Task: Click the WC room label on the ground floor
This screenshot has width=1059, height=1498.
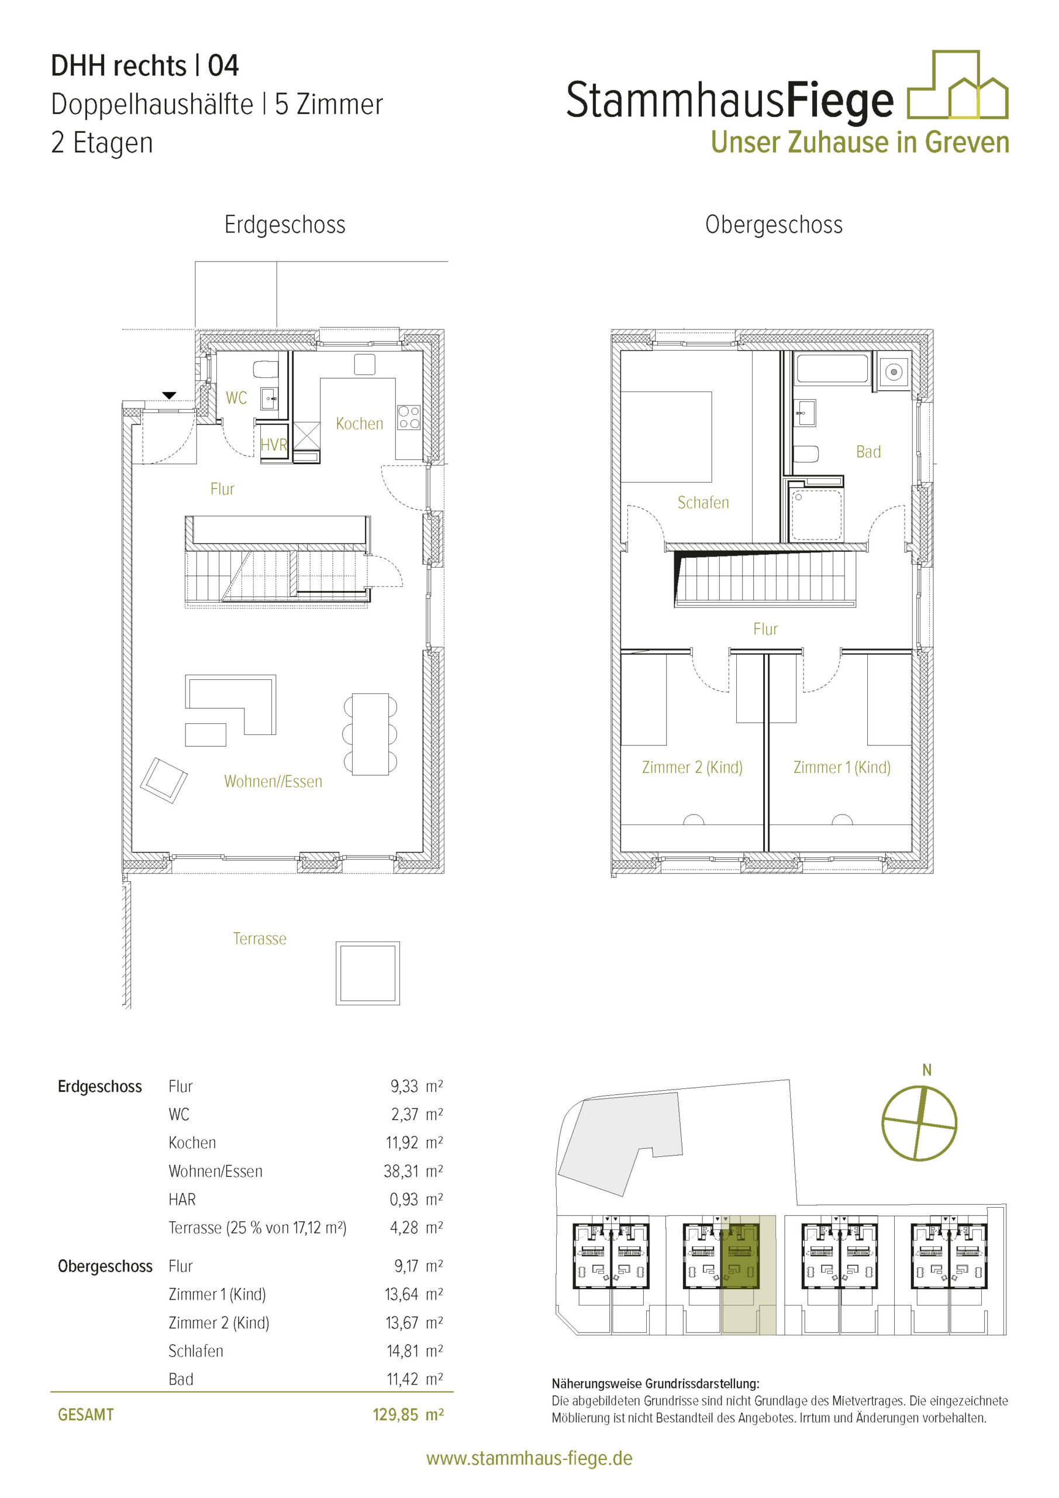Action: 236,397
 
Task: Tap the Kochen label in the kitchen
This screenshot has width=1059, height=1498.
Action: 359,424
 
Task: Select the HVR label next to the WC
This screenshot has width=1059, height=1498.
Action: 273,445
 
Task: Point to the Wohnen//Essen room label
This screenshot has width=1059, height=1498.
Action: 273,782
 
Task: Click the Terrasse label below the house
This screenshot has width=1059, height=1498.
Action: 260,938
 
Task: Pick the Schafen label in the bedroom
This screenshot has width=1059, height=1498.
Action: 703,503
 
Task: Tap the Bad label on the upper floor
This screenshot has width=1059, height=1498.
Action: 868,452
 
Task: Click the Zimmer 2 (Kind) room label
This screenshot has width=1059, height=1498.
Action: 692,767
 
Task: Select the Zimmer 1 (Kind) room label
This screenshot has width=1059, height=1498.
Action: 842,767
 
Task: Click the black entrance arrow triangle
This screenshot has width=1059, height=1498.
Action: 169,395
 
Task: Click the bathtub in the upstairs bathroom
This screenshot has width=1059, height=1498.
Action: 833,369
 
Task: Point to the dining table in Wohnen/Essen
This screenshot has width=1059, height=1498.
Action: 370,734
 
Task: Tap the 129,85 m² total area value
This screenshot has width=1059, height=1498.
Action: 408,1414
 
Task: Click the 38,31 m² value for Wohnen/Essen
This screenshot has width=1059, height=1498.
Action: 413,1171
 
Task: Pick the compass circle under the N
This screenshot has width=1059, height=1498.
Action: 919,1123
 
